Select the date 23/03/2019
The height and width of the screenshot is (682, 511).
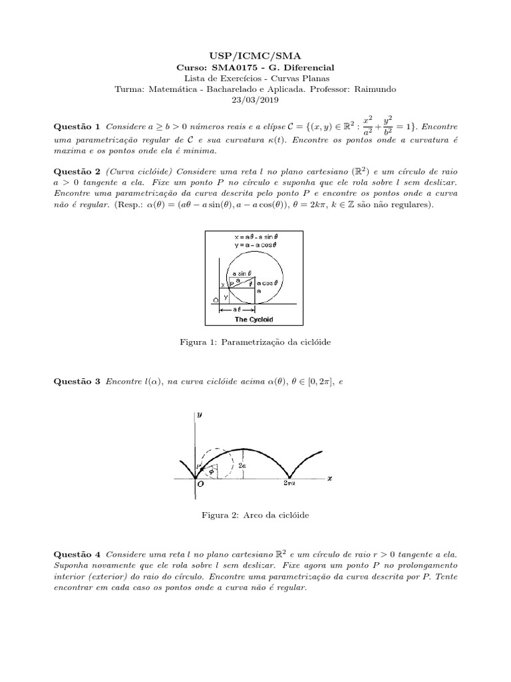(255, 100)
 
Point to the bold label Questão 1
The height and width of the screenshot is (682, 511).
(75, 127)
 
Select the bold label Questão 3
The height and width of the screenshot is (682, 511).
(75, 381)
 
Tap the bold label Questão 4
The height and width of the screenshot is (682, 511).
(75, 554)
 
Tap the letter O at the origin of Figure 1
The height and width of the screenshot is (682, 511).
(215, 300)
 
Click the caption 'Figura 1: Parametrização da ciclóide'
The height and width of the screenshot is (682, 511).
(255, 342)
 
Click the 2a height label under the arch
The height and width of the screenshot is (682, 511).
(242, 467)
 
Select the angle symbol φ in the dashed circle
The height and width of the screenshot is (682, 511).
(212, 470)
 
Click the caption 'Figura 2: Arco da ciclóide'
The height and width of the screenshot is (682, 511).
(255, 515)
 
